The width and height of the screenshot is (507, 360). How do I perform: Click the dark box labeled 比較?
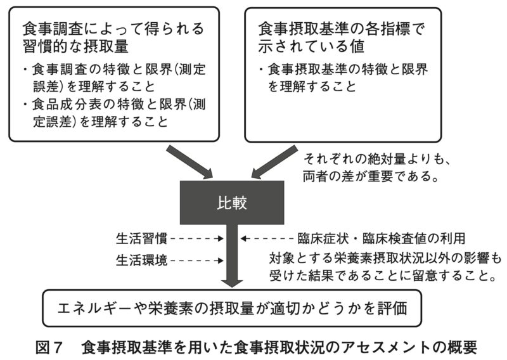click(232, 202)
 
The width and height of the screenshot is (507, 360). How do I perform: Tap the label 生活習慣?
click(141, 239)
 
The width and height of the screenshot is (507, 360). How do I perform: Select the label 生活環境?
click(141, 260)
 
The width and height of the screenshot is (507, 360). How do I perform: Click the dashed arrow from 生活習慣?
click(197, 239)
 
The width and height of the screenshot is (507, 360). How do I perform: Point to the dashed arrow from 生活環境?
click(197, 260)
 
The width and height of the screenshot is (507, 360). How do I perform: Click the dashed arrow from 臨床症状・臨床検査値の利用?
click(267, 239)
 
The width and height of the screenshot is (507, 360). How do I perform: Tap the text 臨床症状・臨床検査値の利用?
click(382, 239)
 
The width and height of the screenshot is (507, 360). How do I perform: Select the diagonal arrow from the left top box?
click(189, 162)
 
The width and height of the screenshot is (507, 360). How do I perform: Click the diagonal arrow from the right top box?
click(274, 162)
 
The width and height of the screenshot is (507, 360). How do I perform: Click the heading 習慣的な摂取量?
click(75, 46)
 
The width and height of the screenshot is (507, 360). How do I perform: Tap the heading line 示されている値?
click(311, 46)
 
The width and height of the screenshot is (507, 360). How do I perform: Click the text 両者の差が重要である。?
click(371, 176)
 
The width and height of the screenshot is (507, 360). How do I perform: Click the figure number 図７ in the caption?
click(49, 348)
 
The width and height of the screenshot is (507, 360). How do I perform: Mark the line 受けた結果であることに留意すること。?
click(383, 276)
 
